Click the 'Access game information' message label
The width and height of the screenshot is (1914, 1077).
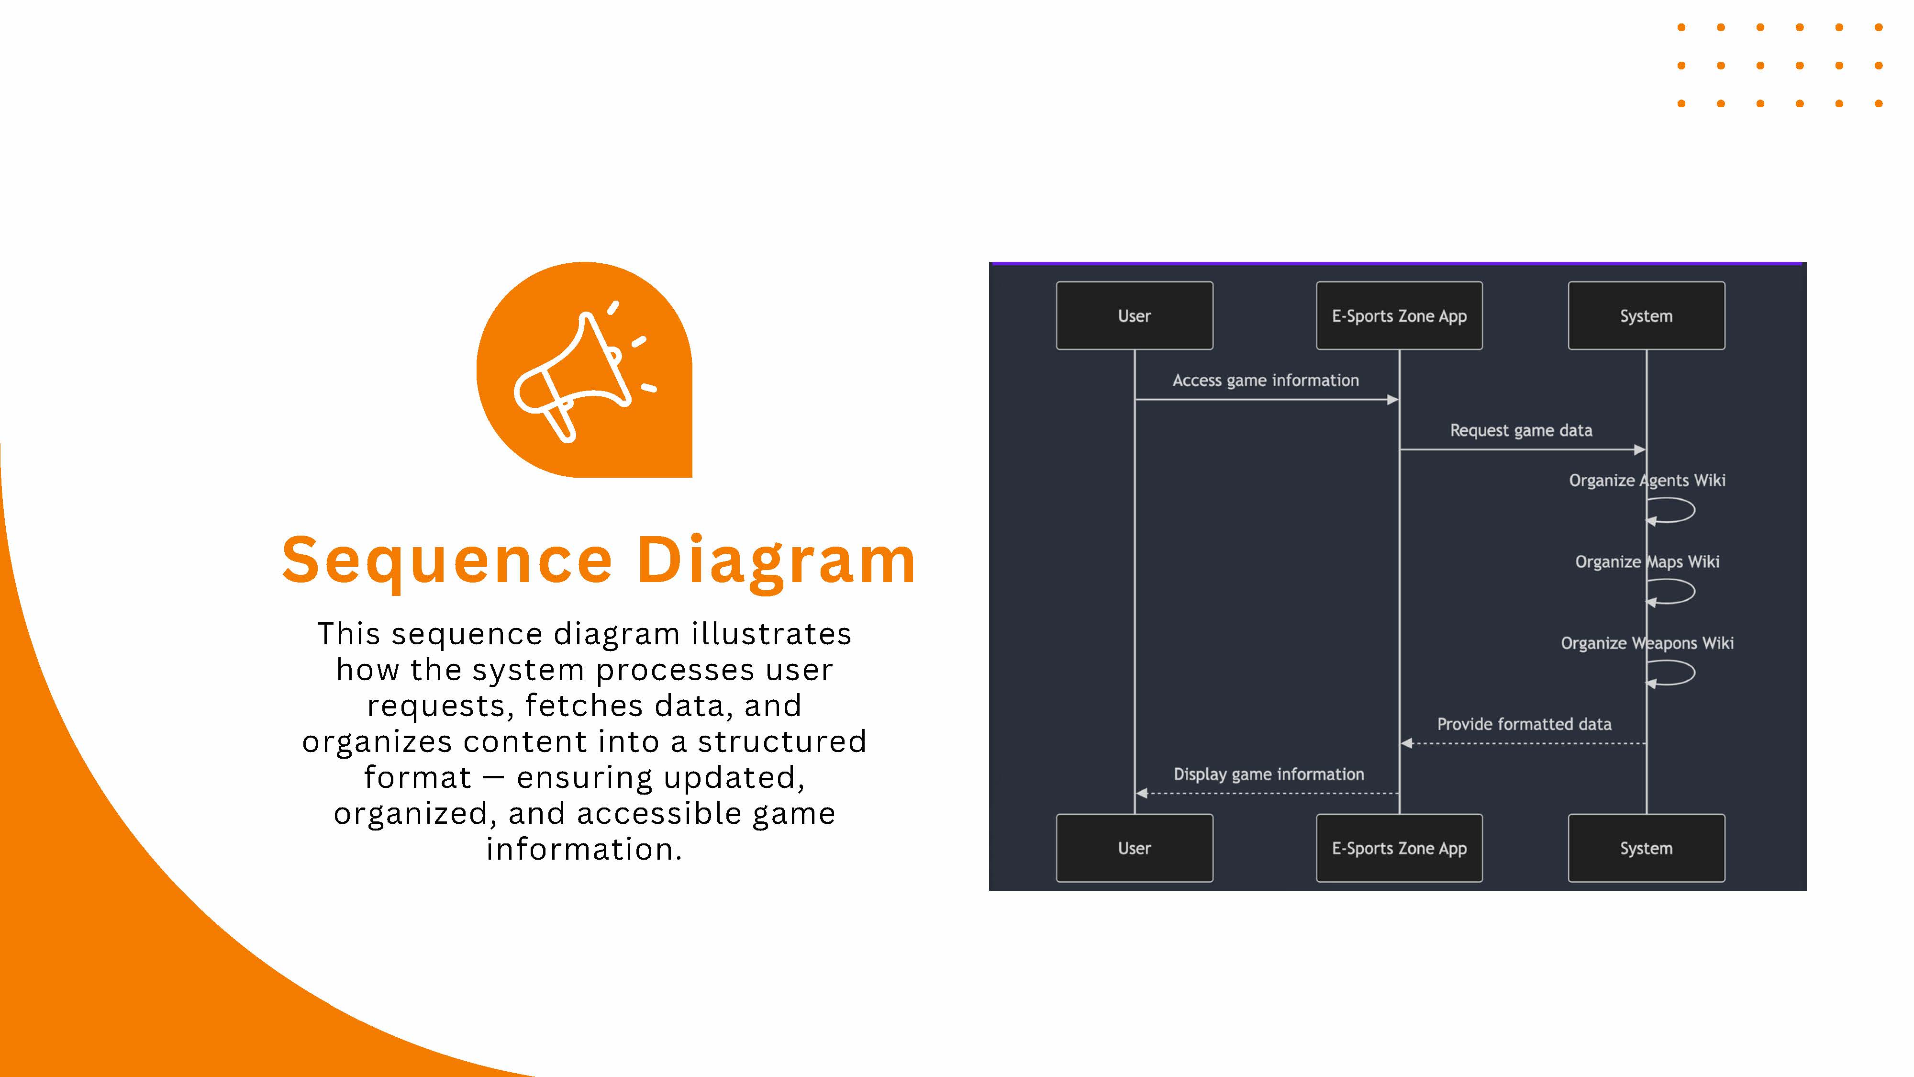(x=1265, y=381)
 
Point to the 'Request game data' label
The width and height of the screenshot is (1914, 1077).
(x=1521, y=430)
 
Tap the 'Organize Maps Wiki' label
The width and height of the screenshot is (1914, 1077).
(x=1647, y=562)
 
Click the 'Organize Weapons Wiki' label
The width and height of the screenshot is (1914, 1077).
(x=1647, y=643)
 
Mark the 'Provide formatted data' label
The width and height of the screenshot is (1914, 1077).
(x=1524, y=724)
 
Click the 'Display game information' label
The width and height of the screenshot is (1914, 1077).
(x=1269, y=774)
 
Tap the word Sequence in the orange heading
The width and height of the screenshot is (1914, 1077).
(x=447, y=561)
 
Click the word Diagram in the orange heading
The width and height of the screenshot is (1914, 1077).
(x=777, y=561)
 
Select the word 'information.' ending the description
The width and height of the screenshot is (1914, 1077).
(x=584, y=849)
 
